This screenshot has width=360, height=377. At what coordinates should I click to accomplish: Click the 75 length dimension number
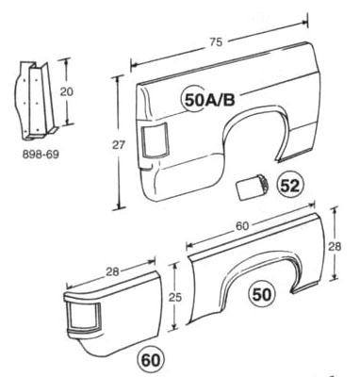[x=216, y=41]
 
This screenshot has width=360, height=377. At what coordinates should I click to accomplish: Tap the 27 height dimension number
[x=119, y=145]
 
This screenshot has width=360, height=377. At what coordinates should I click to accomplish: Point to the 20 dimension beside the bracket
[x=66, y=91]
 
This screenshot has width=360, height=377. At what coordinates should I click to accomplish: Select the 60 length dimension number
[x=242, y=226]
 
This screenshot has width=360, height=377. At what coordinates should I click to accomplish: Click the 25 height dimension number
[x=175, y=297]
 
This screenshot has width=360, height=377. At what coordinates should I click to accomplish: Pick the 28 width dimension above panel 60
[x=112, y=271]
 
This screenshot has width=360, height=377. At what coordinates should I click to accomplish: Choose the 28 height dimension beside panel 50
[x=335, y=247]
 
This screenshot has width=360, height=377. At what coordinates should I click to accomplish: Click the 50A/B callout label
[x=209, y=100]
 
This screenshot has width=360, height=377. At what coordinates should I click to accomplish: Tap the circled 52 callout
[x=290, y=186]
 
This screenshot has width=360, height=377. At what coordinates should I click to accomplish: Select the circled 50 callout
[x=262, y=295]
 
